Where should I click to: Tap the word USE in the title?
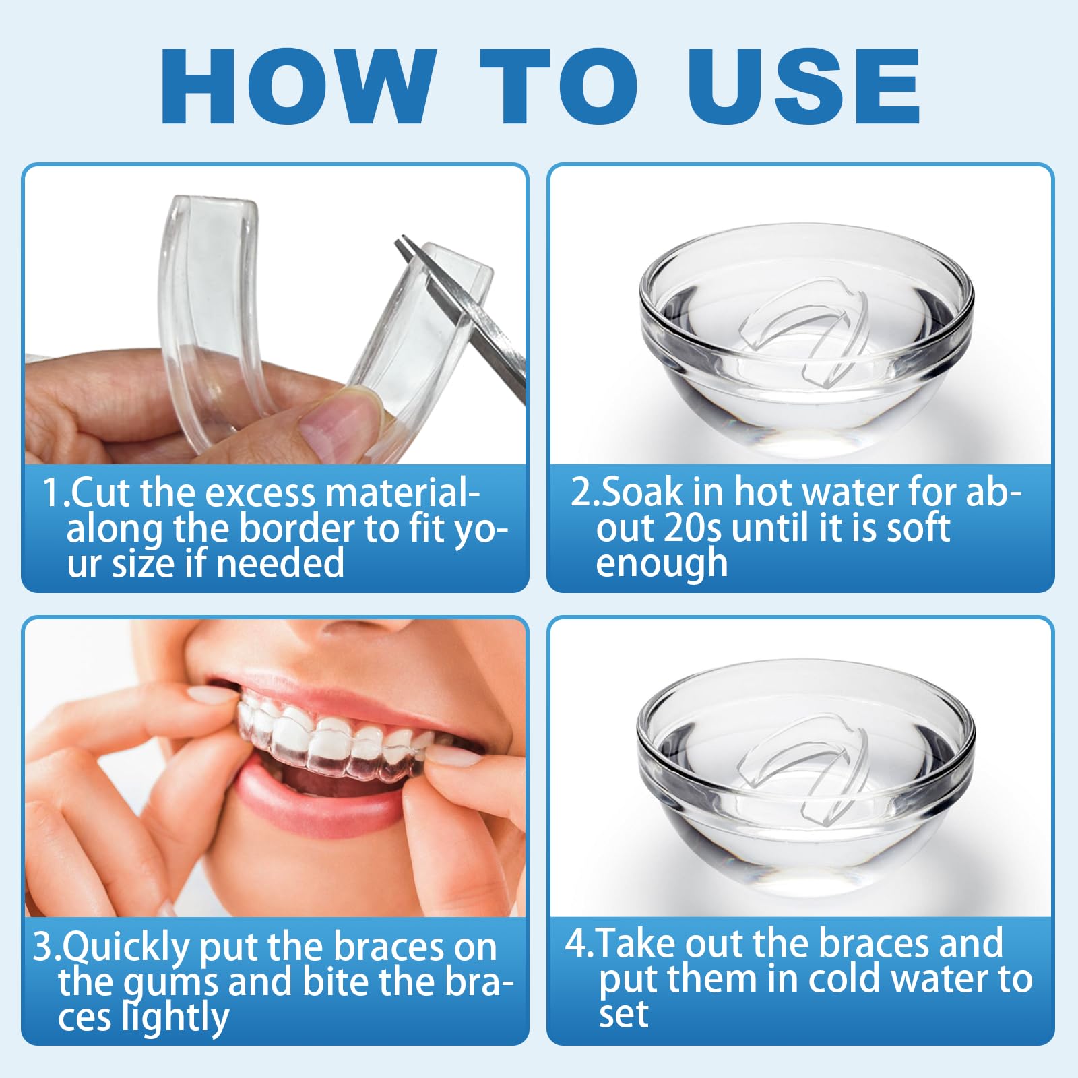click(804, 86)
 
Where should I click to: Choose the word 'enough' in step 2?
click(662, 563)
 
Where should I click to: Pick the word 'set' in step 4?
click(623, 1014)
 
